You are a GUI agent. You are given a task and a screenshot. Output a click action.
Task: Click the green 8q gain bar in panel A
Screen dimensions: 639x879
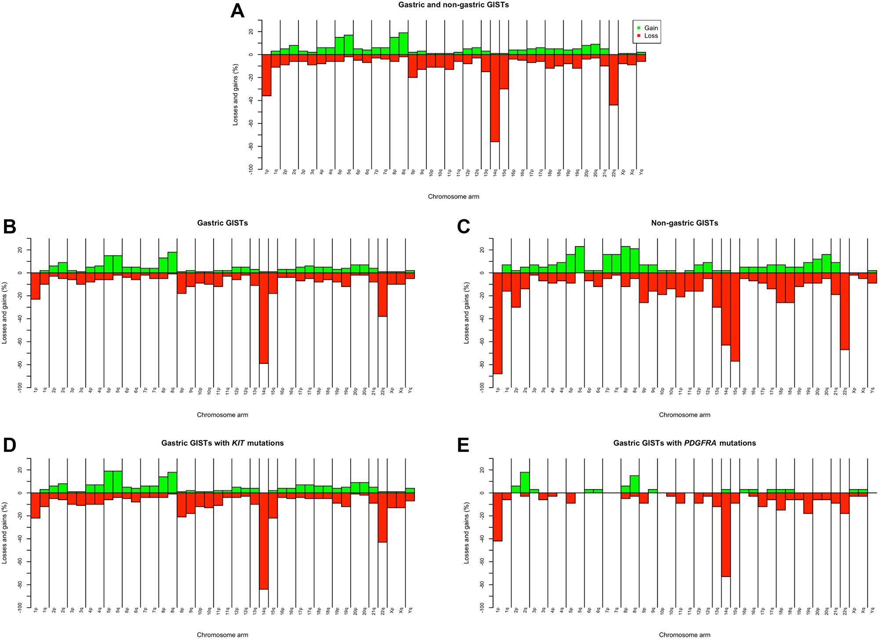(403, 44)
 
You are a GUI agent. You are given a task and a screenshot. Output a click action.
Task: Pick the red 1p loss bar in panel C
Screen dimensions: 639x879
(498, 323)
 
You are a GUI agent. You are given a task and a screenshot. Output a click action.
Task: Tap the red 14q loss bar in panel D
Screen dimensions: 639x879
(264, 541)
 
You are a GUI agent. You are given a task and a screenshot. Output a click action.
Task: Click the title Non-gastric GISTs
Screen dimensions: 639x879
(684, 223)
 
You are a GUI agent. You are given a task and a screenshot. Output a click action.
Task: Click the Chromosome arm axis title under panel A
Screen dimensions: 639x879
(454, 196)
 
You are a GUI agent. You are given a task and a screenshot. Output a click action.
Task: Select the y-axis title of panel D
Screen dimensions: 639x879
(5, 532)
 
